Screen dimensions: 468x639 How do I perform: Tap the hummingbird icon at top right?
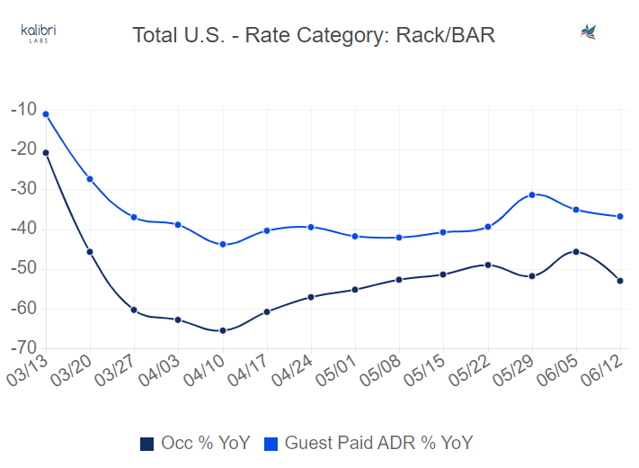pos(590,32)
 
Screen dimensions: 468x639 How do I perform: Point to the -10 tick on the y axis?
pos(22,110)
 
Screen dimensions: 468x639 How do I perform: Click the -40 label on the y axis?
pos(22,229)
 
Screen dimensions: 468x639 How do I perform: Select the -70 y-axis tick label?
pos(22,348)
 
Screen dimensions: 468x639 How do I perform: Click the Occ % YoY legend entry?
pos(195,443)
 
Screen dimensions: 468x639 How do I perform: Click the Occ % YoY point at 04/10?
pos(223,330)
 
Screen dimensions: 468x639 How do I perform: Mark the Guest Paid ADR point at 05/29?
pos(532,194)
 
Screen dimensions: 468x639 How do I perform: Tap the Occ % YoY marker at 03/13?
pos(46,153)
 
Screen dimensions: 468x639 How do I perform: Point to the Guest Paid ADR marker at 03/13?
pos(46,114)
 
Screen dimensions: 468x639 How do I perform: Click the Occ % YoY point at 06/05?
pos(576,252)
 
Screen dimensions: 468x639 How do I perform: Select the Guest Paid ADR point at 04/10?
pos(223,244)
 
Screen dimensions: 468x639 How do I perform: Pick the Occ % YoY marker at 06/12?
pos(620,281)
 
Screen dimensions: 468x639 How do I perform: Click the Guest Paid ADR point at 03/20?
pos(90,179)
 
